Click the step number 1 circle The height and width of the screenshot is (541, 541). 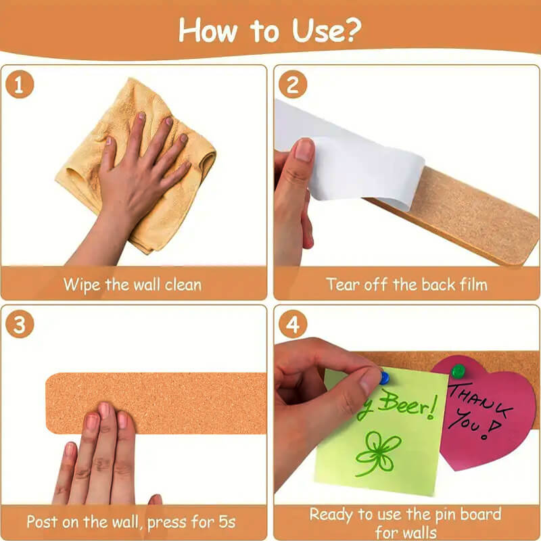click(20, 85)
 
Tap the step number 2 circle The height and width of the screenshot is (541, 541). click(293, 85)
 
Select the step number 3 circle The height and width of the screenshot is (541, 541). click(20, 325)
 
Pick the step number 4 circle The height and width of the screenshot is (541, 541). click(293, 325)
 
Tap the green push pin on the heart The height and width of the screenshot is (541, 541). click(458, 371)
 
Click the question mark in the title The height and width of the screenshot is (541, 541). click(352, 29)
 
